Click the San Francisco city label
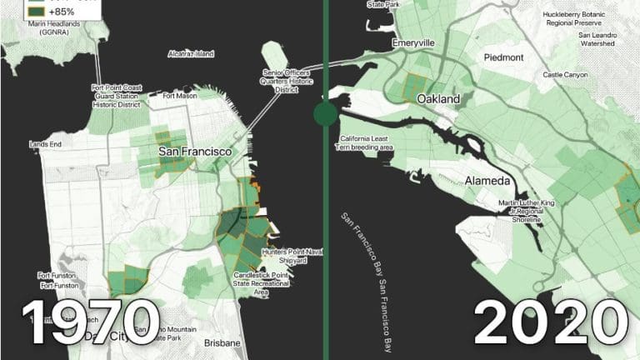click(195, 152)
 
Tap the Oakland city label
click(438, 99)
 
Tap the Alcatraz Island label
click(191, 54)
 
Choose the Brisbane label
click(221, 343)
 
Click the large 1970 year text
click(90, 322)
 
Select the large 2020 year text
click(550, 322)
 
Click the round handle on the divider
click(325, 113)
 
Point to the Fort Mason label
click(180, 95)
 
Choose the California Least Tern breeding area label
click(364, 142)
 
